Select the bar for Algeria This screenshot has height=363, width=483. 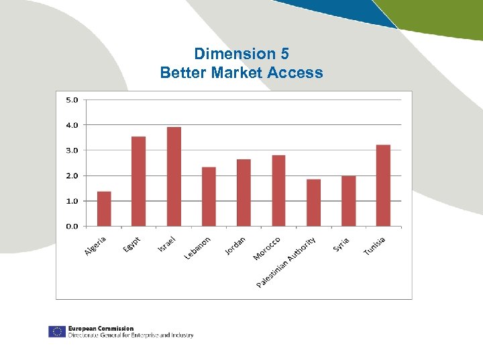click(104, 209)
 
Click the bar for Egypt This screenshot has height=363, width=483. click(139, 182)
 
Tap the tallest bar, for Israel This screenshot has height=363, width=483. click(174, 177)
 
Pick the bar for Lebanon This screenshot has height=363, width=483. click(209, 196)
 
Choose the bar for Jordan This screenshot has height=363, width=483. click(244, 193)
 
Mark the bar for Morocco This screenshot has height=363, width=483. click(278, 191)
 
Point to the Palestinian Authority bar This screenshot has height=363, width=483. click(313, 202)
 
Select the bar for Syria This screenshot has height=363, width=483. click(348, 201)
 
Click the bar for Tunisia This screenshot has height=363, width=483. click(383, 186)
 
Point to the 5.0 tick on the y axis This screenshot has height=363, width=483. click(71, 99)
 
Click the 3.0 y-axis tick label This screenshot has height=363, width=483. click(71, 150)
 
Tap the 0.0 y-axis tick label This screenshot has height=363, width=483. click(71, 226)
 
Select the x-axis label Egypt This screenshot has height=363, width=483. click(132, 245)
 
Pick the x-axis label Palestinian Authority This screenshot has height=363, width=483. click(286, 263)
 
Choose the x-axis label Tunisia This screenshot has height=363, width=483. click(374, 246)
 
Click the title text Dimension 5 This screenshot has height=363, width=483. click(241, 54)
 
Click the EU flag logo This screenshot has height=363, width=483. click(56, 331)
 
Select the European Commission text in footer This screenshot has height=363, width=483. click(101, 329)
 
